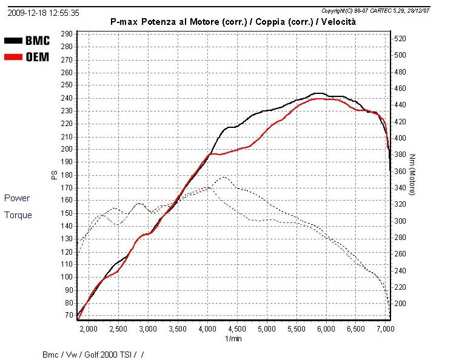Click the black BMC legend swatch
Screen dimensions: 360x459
[x=13, y=41]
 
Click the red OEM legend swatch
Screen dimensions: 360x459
[x=13, y=58]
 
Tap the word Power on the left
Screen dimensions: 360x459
[x=17, y=198]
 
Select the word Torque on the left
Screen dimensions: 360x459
[x=18, y=215]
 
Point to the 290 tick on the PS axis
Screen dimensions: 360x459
[x=66, y=34]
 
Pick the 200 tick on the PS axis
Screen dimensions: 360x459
[x=66, y=149]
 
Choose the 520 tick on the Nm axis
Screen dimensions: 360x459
[x=402, y=39]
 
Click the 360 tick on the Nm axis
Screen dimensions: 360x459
[x=402, y=172]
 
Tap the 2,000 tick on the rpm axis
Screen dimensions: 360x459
[x=89, y=329]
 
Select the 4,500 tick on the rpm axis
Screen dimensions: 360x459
[x=237, y=329]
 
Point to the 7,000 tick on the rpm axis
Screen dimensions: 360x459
[x=385, y=329]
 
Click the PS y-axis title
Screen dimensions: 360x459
[x=53, y=175]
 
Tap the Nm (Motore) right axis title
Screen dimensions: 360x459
[x=412, y=175]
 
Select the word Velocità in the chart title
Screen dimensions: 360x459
[x=336, y=21]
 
